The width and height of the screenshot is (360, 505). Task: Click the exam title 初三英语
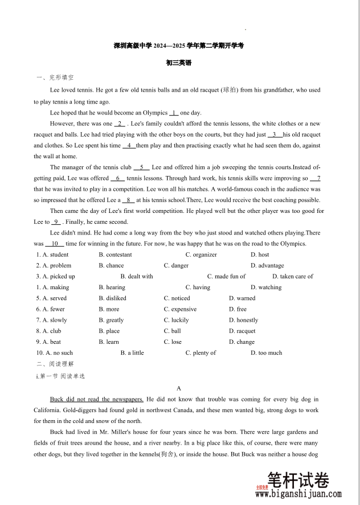[179, 63]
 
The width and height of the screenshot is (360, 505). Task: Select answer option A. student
[52, 254]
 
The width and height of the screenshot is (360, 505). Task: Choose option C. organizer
[201, 254]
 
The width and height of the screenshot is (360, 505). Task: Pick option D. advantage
[267, 265]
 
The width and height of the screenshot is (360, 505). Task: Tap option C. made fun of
[226, 276]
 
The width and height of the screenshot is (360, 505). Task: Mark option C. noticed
[177, 298]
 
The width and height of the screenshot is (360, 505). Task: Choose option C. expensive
[180, 309]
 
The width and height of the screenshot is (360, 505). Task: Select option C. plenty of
[201, 353]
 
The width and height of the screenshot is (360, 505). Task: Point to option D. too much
[266, 353]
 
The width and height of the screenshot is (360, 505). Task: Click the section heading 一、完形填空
[55, 77]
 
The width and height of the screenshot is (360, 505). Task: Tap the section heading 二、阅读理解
[55, 364]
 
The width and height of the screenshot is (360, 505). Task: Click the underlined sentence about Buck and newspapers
[97, 399]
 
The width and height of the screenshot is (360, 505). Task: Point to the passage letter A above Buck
[179, 388]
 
